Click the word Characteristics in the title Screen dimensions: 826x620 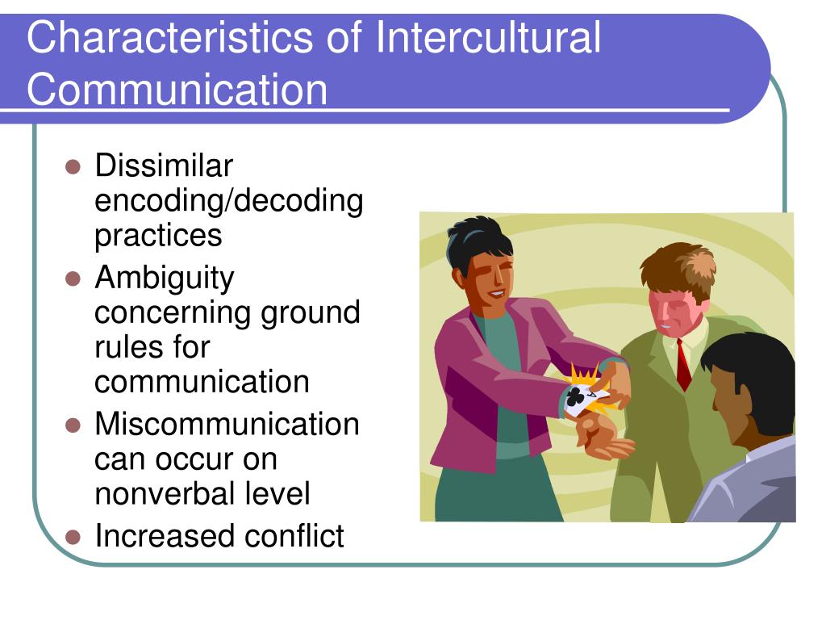(x=169, y=37)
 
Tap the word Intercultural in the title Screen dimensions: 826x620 (x=488, y=37)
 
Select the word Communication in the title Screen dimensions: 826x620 (x=177, y=89)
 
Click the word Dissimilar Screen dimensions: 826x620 (x=164, y=165)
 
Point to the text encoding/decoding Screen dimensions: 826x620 (x=228, y=201)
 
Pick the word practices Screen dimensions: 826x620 (x=158, y=236)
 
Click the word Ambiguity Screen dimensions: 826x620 (x=165, y=279)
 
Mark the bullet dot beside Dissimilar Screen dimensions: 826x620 (x=73, y=167)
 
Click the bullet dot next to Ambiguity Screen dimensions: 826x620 (x=73, y=279)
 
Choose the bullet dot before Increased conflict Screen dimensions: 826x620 (x=73, y=537)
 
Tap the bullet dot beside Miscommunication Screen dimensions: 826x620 (x=73, y=425)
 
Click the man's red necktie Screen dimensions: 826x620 (x=683, y=365)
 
